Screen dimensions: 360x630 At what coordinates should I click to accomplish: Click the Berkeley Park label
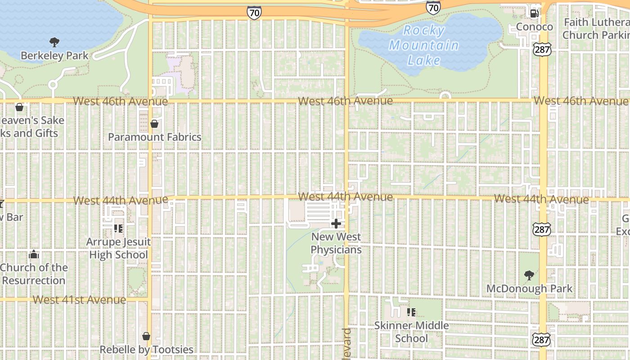[54, 56]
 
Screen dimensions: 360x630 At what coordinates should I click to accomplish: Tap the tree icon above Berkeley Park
[54, 42]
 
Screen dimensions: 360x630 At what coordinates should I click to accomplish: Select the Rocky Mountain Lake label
[423, 45]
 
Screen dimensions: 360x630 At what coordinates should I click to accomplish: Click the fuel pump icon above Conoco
[534, 13]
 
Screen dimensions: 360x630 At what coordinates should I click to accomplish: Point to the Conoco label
[534, 27]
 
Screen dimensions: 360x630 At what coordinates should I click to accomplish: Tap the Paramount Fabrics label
[154, 137]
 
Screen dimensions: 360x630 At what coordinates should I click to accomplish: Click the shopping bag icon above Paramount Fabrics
[154, 124]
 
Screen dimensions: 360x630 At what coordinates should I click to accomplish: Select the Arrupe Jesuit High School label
[118, 248]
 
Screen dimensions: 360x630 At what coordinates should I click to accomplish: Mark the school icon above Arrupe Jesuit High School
[118, 229]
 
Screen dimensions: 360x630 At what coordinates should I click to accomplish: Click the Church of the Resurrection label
[34, 274]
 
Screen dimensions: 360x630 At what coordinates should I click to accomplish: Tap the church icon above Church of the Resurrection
[34, 255]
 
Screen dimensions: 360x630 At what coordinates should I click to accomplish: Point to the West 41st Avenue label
[79, 300]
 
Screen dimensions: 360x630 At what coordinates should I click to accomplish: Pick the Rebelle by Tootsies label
[146, 350]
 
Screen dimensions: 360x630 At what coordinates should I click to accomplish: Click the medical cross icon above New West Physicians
[336, 224]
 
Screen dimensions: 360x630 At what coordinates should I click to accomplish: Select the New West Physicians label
[336, 243]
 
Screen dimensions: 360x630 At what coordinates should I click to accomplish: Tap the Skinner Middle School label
[411, 332]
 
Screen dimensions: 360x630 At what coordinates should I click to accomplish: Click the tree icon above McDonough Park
[529, 275]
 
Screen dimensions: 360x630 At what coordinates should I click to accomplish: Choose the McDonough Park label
[529, 288]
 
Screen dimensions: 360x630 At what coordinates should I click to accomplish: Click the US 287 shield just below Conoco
[542, 49]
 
